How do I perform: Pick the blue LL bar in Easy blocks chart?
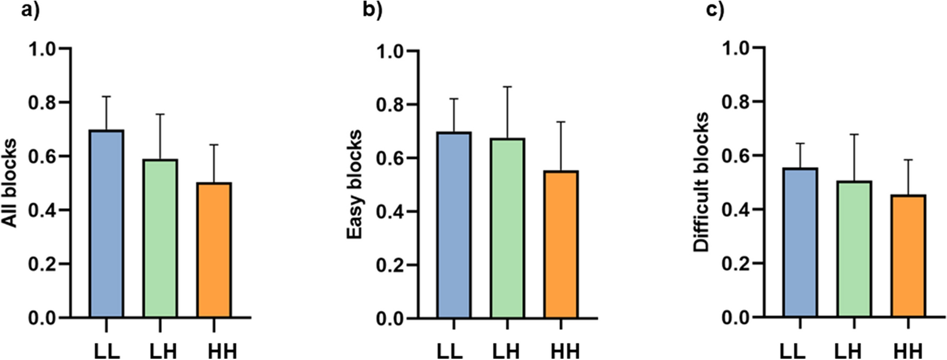click(454, 225)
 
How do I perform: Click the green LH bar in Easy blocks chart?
click(508, 228)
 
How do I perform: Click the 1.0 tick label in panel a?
click(47, 49)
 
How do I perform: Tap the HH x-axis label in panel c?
click(909, 349)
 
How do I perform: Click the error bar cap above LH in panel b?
click(508, 86)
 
